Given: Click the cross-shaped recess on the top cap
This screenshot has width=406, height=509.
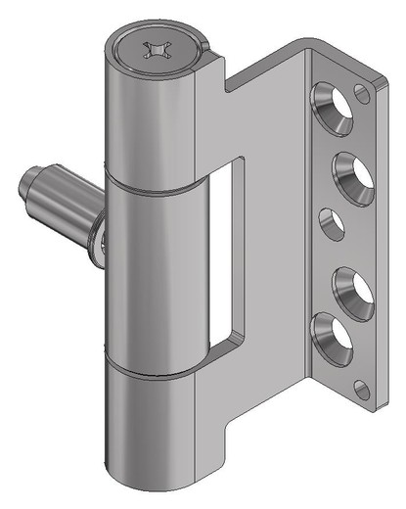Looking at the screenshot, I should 157,49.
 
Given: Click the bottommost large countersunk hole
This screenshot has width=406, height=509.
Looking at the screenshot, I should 331,337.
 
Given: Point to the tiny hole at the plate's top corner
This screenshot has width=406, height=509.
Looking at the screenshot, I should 364,94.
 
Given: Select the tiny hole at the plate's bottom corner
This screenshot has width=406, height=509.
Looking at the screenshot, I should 362,391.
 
